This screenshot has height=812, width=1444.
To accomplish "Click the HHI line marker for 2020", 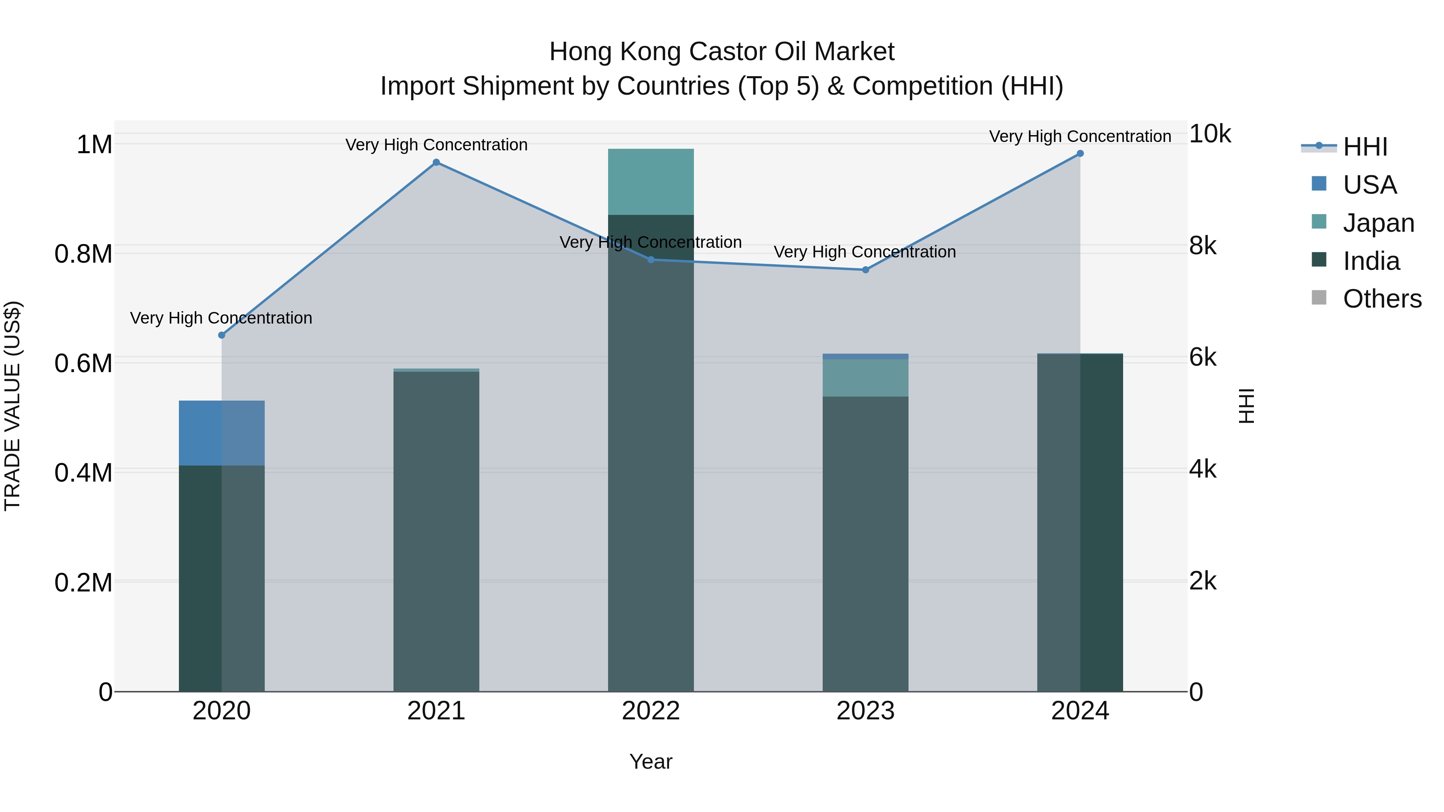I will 221,335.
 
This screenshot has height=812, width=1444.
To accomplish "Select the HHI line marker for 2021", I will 436,162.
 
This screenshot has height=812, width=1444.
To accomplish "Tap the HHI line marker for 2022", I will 651,259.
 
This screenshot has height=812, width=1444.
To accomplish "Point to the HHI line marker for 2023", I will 866,269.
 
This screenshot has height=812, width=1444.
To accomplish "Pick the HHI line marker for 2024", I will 1080,154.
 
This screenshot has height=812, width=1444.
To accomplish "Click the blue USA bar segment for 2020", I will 221,433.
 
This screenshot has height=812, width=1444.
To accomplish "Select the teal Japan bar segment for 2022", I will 651,182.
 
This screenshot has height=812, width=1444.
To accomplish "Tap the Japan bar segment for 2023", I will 866,378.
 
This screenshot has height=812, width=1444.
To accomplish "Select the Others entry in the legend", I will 1382,299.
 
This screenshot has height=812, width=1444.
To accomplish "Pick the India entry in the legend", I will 1371,261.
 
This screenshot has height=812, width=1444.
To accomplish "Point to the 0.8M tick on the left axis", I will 83,254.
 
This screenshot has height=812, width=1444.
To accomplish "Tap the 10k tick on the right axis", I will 1210,134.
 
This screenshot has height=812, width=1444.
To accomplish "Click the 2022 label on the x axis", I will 651,711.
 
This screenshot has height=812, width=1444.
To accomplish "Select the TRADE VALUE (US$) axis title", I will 12,406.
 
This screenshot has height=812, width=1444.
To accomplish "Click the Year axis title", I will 651,761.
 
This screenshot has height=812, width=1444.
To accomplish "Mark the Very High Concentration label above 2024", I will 1080,137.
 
